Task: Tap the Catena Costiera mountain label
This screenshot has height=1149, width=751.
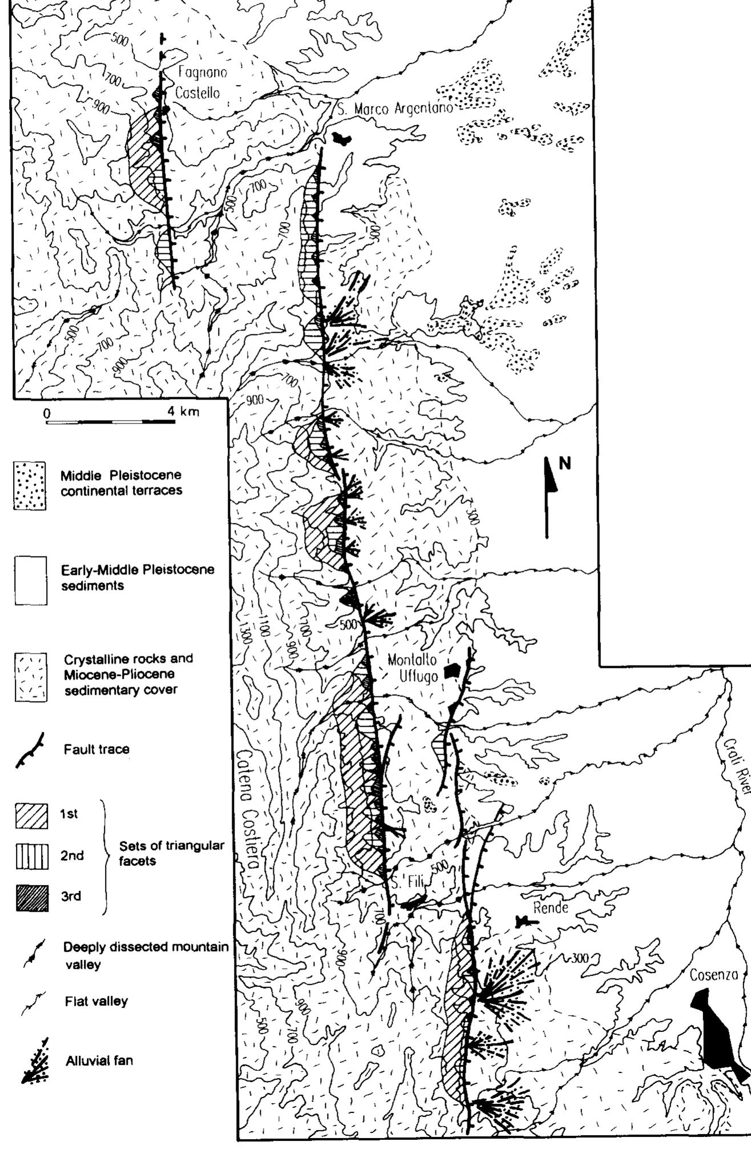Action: pyautogui.click(x=249, y=811)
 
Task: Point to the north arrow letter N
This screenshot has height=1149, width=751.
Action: pyautogui.click(x=564, y=463)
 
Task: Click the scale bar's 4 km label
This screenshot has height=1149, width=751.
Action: pyautogui.click(x=184, y=412)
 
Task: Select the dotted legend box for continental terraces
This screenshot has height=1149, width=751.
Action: pyautogui.click(x=30, y=485)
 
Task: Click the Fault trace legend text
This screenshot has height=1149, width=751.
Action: pyautogui.click(x=96, y=749)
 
